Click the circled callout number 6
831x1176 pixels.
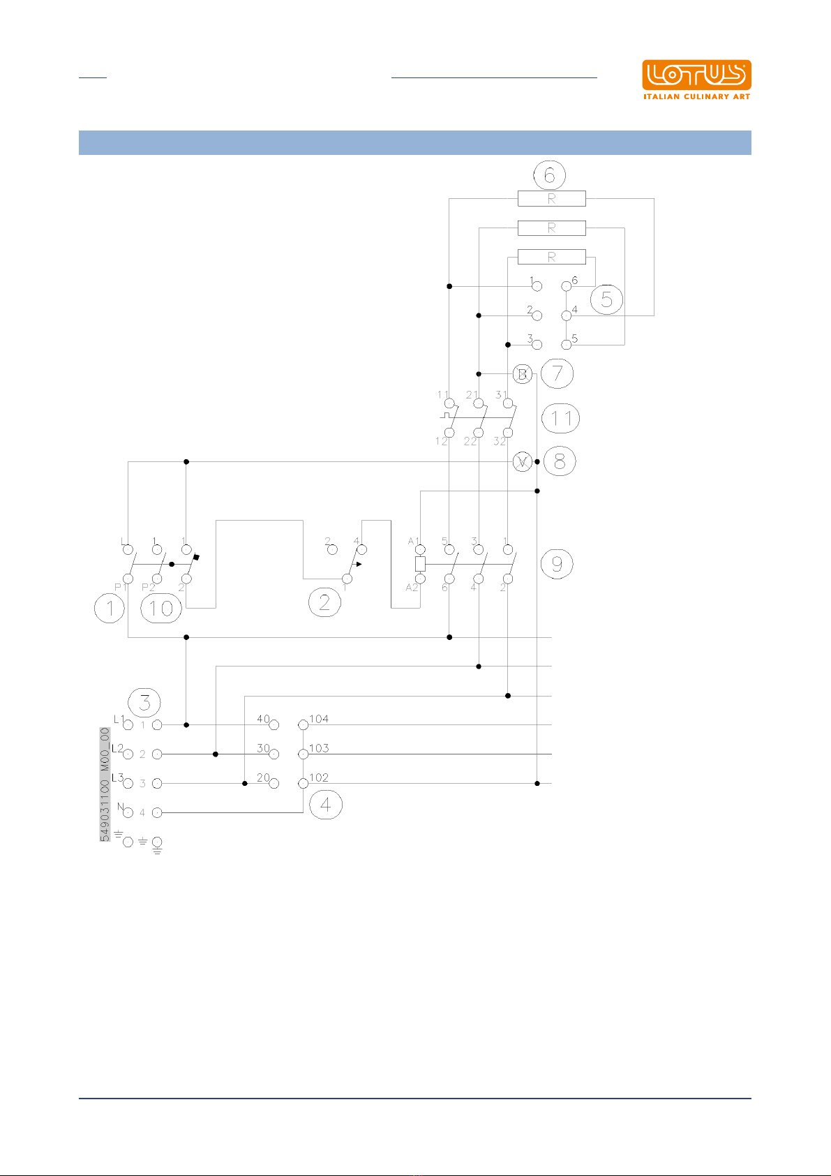click(x=550, y=174)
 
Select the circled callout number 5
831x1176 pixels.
click(x=606, y=299)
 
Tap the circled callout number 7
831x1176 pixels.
click(x=557, y=373)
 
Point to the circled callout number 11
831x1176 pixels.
click(x=561, y=418)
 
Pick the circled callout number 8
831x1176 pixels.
click(x=560, y=461)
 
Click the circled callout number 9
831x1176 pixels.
click(x=557, y=563)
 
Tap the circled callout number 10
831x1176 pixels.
click(x=161, y=609)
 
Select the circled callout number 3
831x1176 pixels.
click(x=144, y=702)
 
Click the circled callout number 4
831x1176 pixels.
click(x=326, y=805)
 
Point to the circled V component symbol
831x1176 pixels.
click(x=522, y=461)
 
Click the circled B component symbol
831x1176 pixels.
click(x=522, y=374)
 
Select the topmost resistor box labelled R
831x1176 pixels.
click(x=551, y=198)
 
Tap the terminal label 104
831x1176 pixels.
click(x=319, y=719)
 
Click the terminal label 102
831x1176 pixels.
click(x=319, y=777)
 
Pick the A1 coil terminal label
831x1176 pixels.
click(x=413, y=541)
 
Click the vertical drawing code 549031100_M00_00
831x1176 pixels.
click(x=105, y=784)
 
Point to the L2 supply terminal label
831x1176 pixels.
click(x=118, y=748)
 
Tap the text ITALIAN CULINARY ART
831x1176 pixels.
click(x=696, y=96)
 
